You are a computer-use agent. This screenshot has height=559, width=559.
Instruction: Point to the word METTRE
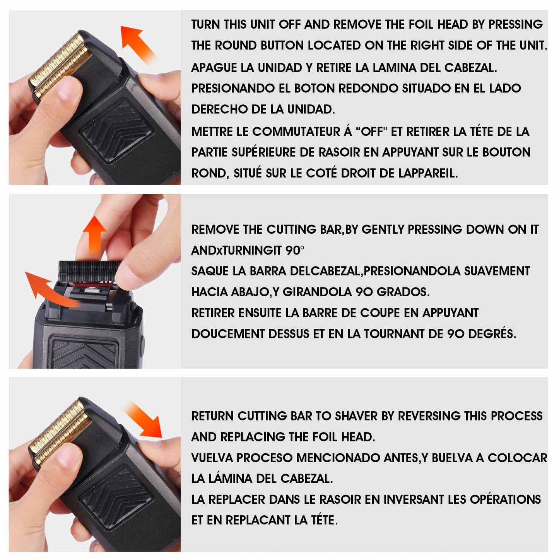pos(212,132)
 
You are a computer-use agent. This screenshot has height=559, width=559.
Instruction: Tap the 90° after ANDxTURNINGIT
pos(295,251)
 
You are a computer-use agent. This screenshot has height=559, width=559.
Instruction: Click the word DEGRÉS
pos(492,334)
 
